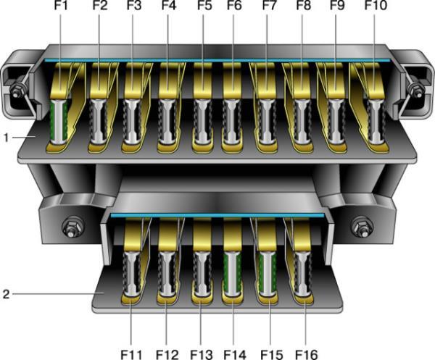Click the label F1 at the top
coord(61,9)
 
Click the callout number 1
coord(7,135)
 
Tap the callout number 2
coord(7,294)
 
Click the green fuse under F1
coord(60,120)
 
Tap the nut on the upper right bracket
coord(416,91)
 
